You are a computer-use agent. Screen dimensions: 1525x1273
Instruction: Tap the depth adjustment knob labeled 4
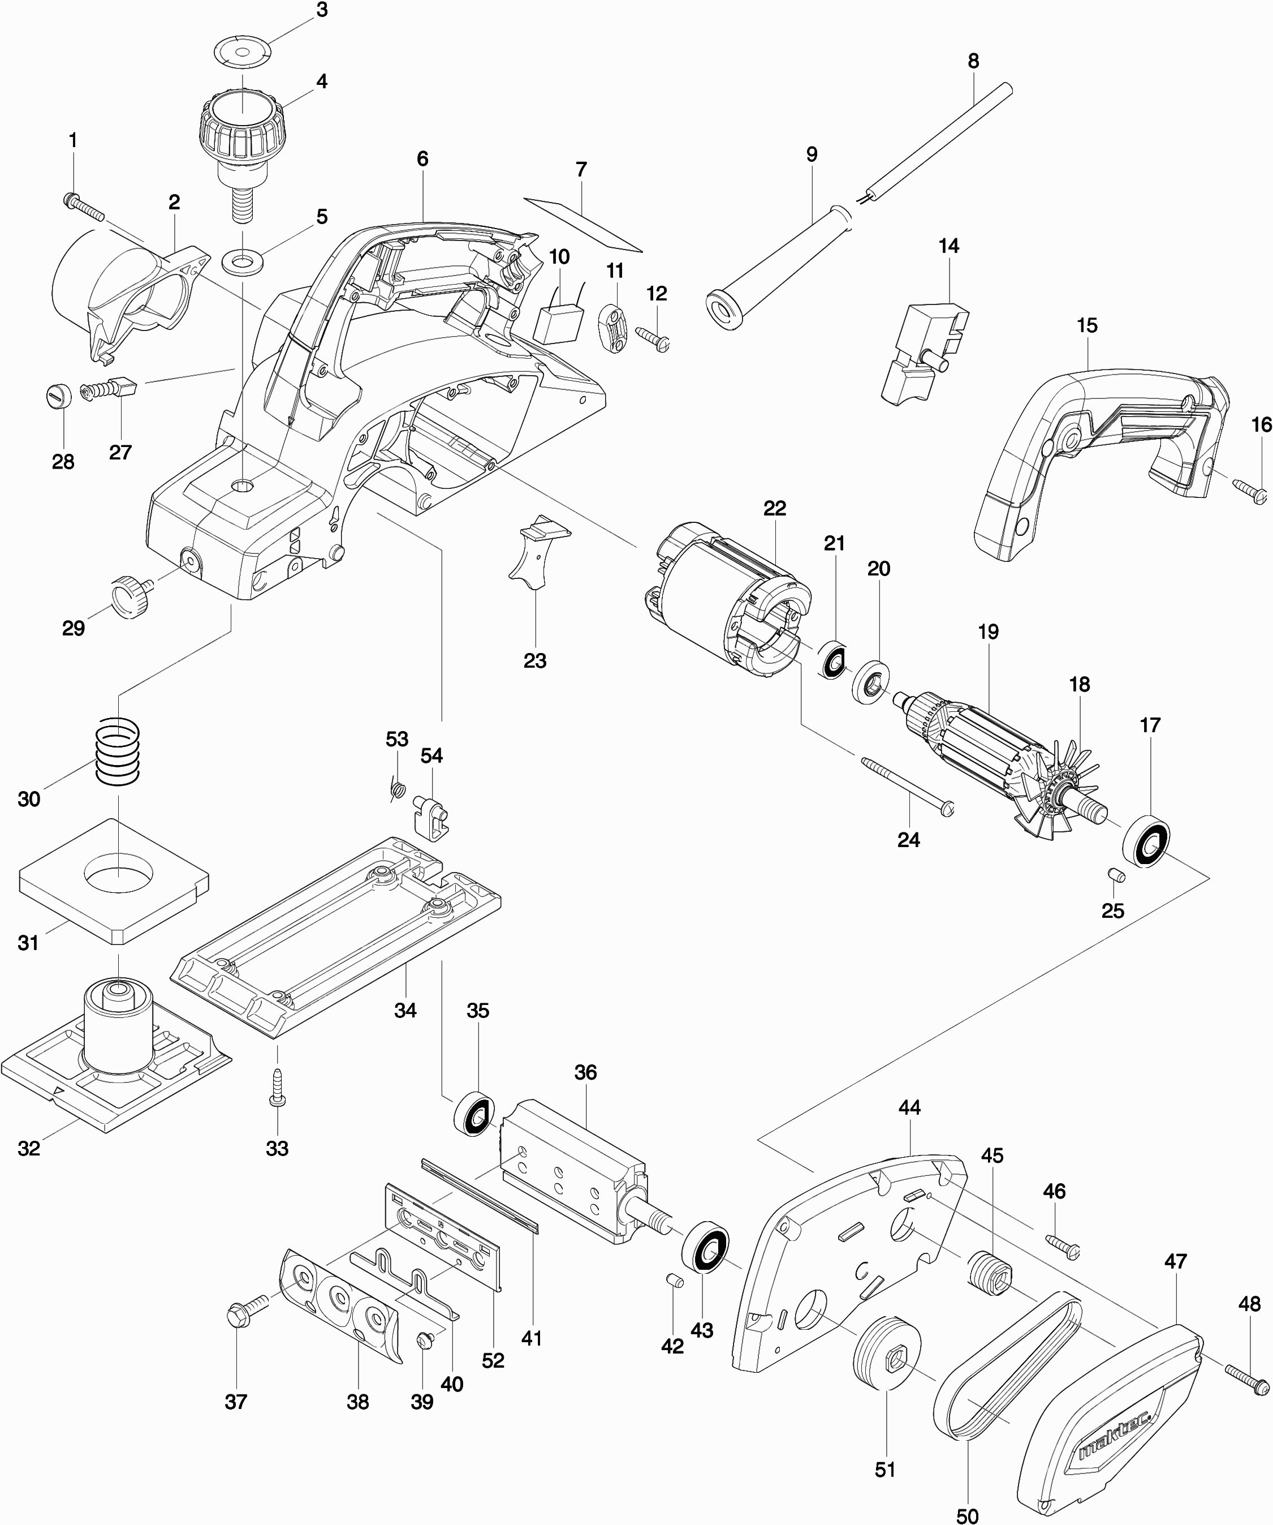tap(241, 131)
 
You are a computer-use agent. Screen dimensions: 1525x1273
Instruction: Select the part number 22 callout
tap(774, 508)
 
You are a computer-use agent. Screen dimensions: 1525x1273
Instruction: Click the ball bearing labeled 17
tap(1147, 843)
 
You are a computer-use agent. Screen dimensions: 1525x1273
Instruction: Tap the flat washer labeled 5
tap(241, 260)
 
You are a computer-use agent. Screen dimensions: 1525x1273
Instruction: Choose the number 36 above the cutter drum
tap(585, 1072)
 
